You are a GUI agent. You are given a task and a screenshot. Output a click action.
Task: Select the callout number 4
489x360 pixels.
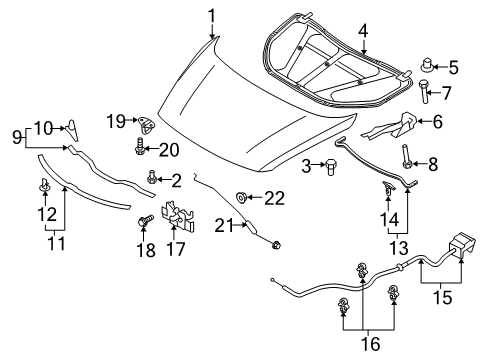[x=363, y=31]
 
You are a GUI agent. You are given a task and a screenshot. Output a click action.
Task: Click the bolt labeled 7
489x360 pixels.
[x=424, y=91]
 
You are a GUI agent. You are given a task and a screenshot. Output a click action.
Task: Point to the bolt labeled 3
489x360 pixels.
[x=330, y=166]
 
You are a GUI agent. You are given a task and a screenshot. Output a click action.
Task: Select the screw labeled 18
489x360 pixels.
[x=145, y=220]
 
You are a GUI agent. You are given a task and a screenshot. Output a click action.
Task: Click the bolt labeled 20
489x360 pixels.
[x=140, y=147]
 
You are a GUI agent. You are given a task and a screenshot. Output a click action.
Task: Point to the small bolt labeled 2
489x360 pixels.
[x=152, y=177]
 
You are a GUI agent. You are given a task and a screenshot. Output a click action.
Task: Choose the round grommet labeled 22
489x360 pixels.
[x=241, y=197]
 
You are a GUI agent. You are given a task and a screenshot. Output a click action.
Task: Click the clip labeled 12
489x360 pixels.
[x=44, y=186]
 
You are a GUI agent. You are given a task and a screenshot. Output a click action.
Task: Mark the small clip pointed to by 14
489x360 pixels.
[x=388, y=188]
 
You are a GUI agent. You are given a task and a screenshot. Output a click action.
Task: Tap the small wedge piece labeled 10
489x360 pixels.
[x=72, y=130]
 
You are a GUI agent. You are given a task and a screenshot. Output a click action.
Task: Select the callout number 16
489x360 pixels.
[x=370, y=344]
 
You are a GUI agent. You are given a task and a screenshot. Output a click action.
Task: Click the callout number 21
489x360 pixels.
[x=225, y=226]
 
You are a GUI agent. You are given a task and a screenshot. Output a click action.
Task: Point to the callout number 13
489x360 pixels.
[x=399, y=248]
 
